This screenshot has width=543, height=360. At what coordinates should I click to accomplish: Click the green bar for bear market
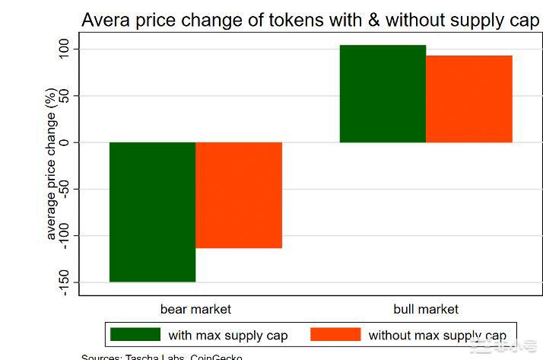pyautogui.click(x=152, y=212)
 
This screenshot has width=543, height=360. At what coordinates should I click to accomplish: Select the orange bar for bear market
pyautogui.click(x=239, y=195)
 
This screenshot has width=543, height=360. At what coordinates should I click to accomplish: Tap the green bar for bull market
pyautogui.click(x=383, y=94)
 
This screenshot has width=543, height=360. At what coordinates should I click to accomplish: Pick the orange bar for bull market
pyautogui.click(x=469, y=99)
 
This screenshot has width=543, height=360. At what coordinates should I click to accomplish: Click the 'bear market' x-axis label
pyautogui.click(x=195, y=309)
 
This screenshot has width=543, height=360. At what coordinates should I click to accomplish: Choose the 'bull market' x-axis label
pyautogui.click(x=426, y=309)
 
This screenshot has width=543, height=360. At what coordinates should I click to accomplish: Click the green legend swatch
pyautogui.click(x=135, y=335)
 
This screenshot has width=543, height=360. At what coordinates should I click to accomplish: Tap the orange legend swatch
pyautogui.click(x=335, y=335)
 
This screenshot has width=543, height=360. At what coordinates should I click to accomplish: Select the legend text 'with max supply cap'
pyautogui.click(x=228, y=336)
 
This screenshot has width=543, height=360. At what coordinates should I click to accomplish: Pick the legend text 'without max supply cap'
pyautogui.click(x=437, y=336)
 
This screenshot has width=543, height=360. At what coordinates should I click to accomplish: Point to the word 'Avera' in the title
pyautogui.click(x=106, y=20)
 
